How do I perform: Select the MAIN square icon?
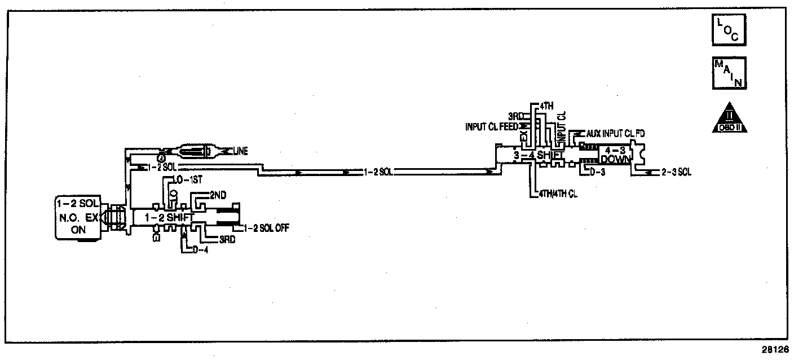729,73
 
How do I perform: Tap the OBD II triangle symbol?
729,118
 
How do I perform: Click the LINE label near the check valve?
239,151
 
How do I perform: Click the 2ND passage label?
218,195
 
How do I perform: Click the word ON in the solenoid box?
78,230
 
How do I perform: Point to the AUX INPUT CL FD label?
615,134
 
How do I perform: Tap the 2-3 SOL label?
677,172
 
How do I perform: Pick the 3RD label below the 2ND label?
227,239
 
